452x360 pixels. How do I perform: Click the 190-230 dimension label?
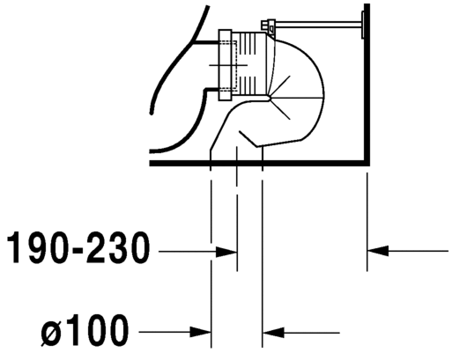click(x=78, y=247)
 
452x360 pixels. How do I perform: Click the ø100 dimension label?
click(x=85, y=330)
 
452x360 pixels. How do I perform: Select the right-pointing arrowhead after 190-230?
click(x=226, y=252)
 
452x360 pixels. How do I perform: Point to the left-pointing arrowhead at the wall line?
click(x=378, y=251)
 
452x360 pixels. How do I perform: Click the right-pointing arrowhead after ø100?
click(x=201, y=333)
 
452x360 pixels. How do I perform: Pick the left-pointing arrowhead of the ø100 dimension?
click(x=273, y=333)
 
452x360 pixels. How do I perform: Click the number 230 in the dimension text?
click(x=118, y=247)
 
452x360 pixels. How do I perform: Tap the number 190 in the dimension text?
click(x=38, y=247)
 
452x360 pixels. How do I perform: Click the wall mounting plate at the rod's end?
click(x=363, y=25)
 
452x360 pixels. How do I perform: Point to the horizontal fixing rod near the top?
click(x=318, y=25)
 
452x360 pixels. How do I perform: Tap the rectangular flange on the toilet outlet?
click(x=226, y=65)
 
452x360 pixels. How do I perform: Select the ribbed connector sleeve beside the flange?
click(x=249, y=63)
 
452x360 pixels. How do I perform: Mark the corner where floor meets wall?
click(x=367, y=163)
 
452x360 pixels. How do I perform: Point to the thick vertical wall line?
click(x=367, y=84)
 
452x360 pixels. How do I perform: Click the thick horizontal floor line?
click(x=260, y=163)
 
